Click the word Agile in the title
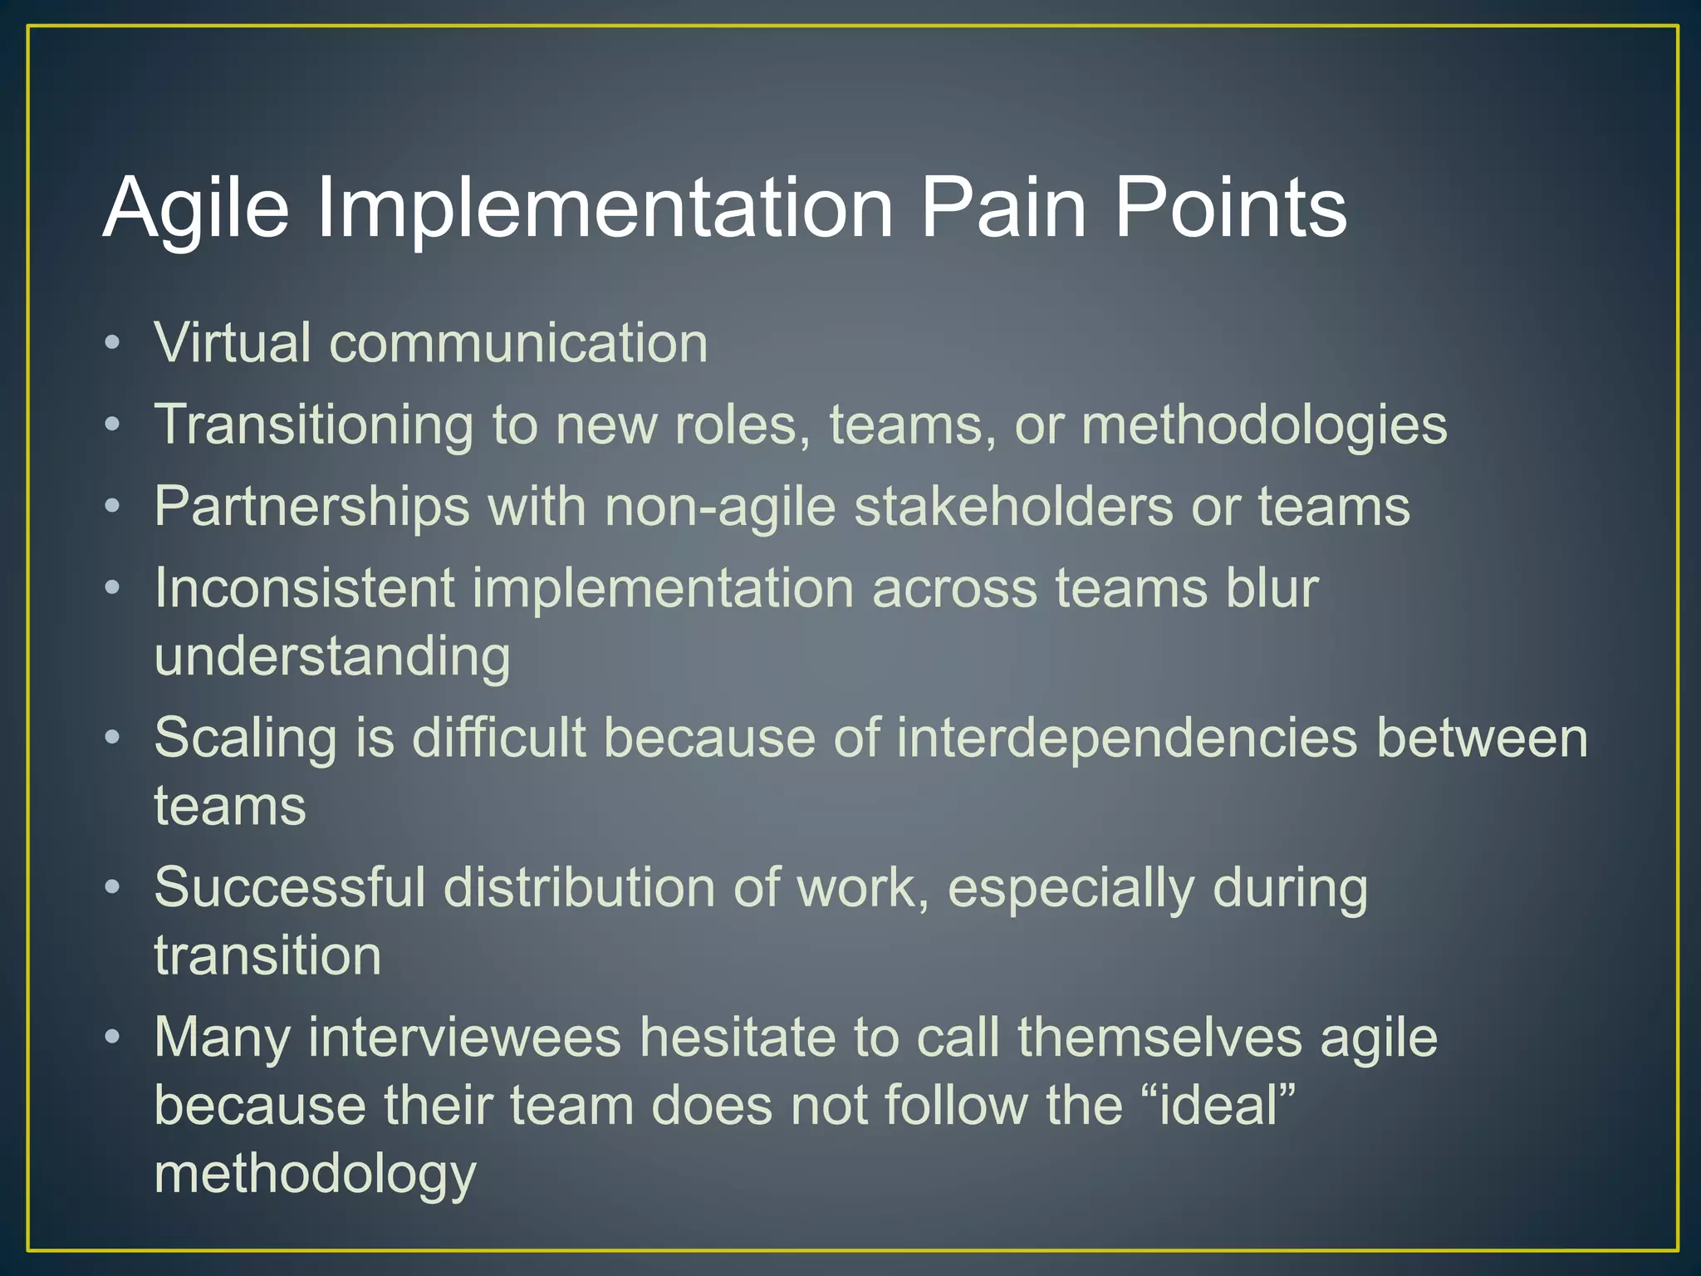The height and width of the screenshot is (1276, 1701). [196, 209]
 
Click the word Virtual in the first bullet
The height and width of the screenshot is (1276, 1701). [232, 342]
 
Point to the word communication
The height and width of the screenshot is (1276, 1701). [518, 342]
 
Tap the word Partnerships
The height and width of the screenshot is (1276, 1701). [312, 507]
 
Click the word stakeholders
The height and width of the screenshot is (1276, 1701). [1013, 507]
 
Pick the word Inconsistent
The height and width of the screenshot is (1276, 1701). [304, 588]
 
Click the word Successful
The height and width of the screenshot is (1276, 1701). [290, 887]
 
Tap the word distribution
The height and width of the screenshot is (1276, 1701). [579, 887]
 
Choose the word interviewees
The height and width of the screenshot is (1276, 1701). [464, 1038]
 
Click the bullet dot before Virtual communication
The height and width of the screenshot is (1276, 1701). [113, 342]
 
